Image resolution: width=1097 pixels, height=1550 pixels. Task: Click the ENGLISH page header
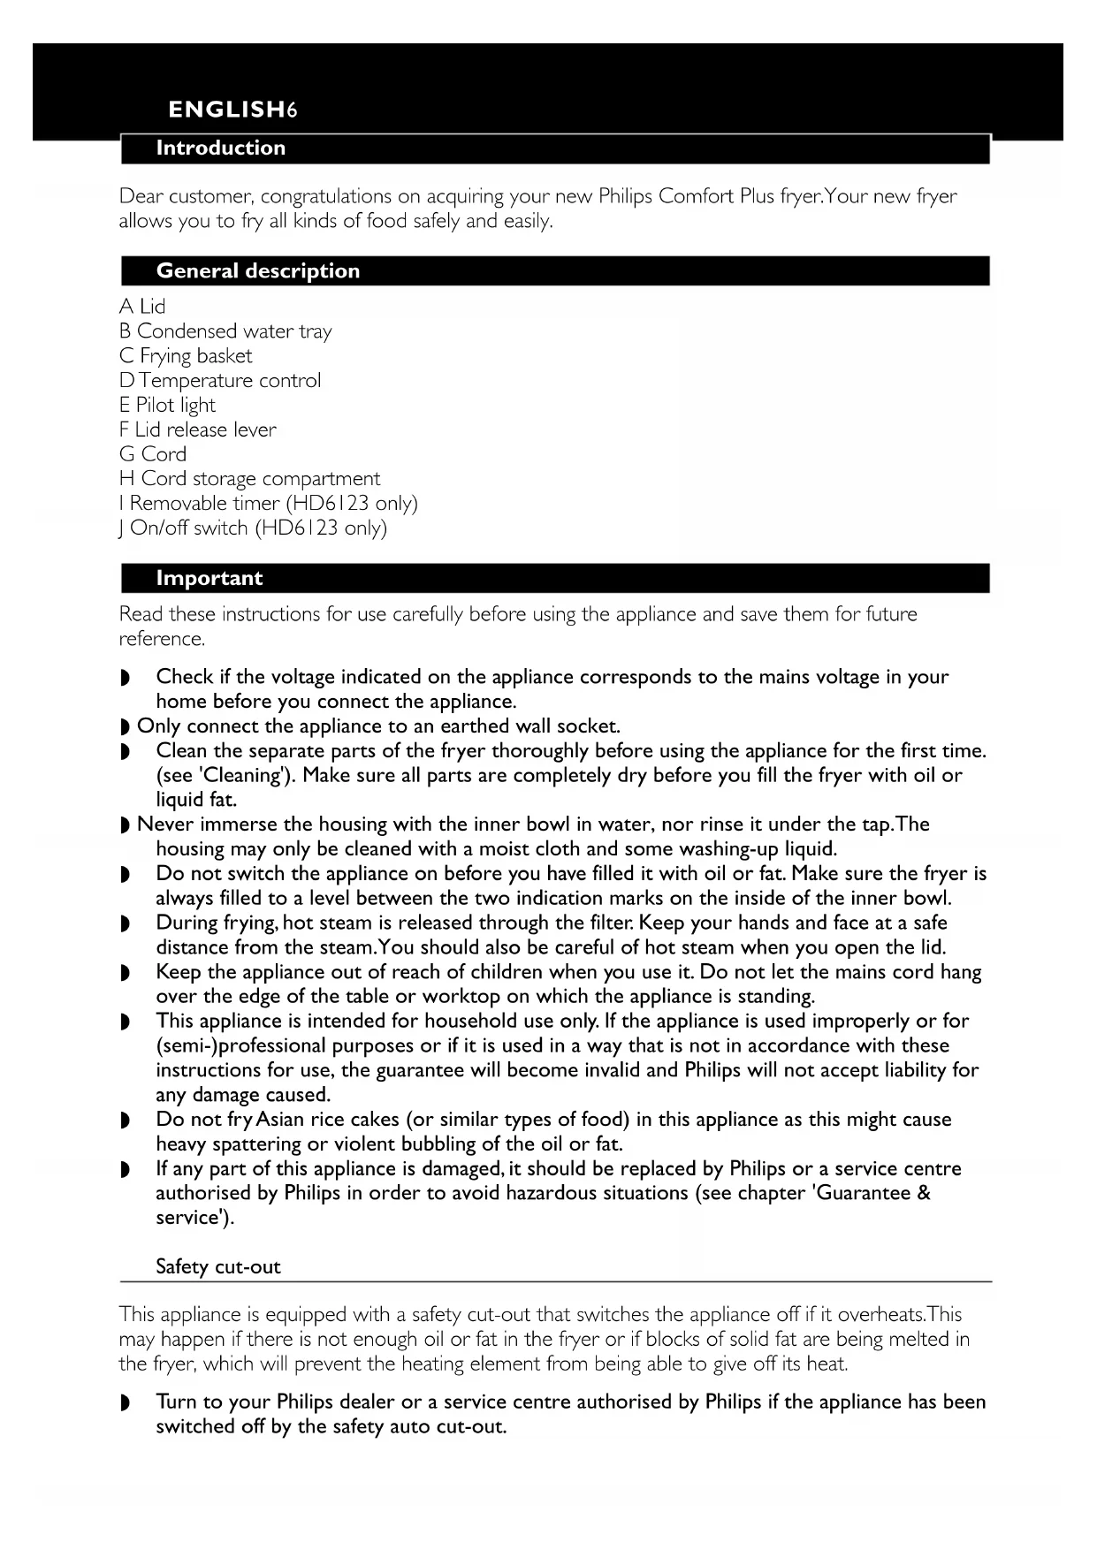(x=232, y=110)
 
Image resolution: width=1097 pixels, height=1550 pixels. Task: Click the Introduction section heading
(x=221, y=148)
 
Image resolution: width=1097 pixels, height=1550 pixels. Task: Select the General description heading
(x=258, y=271)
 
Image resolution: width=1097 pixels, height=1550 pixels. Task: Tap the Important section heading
(x=209, y=579)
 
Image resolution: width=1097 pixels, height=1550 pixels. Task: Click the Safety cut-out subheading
(x=218, y=1267)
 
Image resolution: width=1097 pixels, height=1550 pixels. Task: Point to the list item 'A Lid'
(x=142, y=307)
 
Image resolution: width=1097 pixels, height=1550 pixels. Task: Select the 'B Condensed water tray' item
(x=225, y=331)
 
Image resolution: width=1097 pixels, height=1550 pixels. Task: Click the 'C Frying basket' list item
(x=186, y=356)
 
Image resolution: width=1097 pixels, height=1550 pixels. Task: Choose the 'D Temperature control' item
(x=220, y=381)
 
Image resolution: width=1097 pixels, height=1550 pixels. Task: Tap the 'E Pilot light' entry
(x=167, y=406)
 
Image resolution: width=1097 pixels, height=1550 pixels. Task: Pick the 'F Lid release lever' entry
(x=198, y=430)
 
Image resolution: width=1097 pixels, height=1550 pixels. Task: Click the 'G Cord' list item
(x=153, y=454)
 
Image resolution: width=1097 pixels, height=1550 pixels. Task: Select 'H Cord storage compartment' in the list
(x=249, y=479)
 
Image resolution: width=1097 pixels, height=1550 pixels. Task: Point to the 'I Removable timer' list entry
(x=268, y=504)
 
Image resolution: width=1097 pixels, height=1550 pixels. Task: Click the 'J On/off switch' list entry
(x=253, y=528)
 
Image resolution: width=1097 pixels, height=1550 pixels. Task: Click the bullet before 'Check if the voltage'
(x=125, y=678)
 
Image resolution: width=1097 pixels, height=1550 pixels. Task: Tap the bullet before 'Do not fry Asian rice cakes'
(x=125, y=1121)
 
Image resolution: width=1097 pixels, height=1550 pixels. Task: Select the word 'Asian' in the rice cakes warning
(x=279, y=1120)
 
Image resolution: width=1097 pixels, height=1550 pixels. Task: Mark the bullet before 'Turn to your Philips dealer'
(x=125, y=1403)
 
